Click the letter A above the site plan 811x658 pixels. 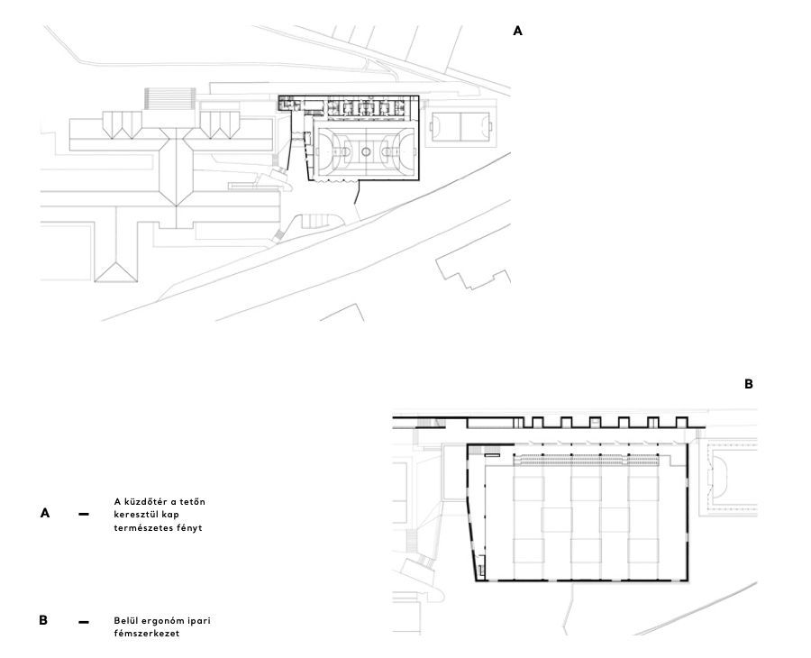click(x=517, y=31)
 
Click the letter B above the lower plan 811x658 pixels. click(x=748, y=384)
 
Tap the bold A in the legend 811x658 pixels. click(x=44, y=513)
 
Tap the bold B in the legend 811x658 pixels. click(x=43, y=621)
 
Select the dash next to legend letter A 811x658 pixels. click(x=84, y=514)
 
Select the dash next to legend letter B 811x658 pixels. click(x=84, y=622)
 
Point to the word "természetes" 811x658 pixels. click(x=148, y=528)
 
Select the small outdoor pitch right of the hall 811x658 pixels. click(x=460, y=126)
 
